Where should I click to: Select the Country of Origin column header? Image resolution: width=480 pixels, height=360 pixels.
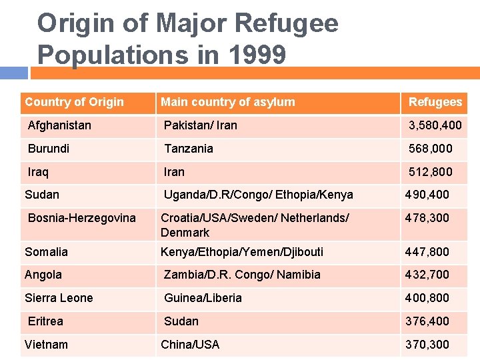pos(74,102)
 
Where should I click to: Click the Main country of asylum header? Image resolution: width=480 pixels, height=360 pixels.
pos(227,102)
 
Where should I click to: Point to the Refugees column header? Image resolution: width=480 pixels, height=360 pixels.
pos(435,102)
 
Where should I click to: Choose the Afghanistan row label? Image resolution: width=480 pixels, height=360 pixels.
pos(59,125)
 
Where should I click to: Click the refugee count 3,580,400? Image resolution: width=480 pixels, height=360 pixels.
pos(435,125)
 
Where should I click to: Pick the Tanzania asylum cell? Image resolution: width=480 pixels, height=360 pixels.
pos(189,149)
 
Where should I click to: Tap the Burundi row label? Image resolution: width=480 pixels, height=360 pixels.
pos(49,149)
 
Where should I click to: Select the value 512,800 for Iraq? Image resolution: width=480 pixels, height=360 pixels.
pos(430,172)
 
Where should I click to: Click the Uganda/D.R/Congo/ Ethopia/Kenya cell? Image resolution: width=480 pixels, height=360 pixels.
pos(259,195)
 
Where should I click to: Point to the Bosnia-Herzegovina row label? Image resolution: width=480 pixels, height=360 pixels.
pos(81,218)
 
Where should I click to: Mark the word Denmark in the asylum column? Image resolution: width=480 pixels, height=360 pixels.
pos(185,233)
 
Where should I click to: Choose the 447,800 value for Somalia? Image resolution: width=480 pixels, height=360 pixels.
pos(427,251)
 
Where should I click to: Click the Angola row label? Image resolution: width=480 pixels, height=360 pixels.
pos(43,275)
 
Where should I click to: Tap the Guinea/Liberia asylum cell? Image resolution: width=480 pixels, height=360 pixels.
pos(203,298)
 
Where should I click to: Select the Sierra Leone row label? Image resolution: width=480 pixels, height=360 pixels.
pos(59,298)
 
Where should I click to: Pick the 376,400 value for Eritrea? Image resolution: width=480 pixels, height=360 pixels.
pos(427,321)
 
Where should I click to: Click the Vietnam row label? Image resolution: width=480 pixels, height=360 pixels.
pos(46,345)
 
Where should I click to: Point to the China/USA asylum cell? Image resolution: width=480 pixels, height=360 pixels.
pos(190,345)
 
